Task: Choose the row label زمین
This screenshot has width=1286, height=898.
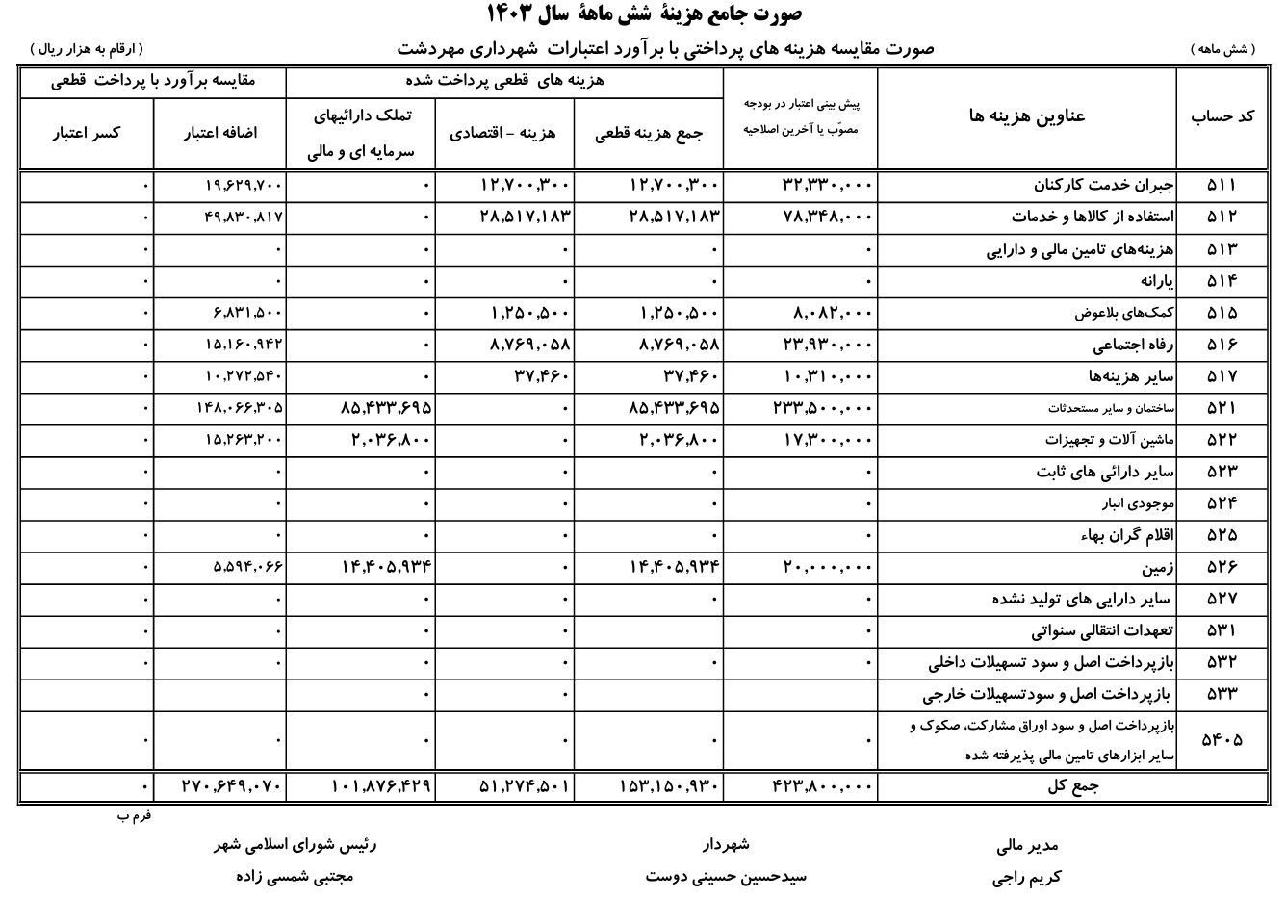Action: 1159,567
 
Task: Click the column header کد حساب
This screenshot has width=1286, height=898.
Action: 1222,115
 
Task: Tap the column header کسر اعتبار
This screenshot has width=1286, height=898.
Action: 86,134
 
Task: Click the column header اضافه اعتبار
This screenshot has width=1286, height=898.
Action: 220,134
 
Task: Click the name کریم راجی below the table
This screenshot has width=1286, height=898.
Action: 1027,878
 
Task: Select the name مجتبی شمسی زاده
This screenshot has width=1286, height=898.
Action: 295,878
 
